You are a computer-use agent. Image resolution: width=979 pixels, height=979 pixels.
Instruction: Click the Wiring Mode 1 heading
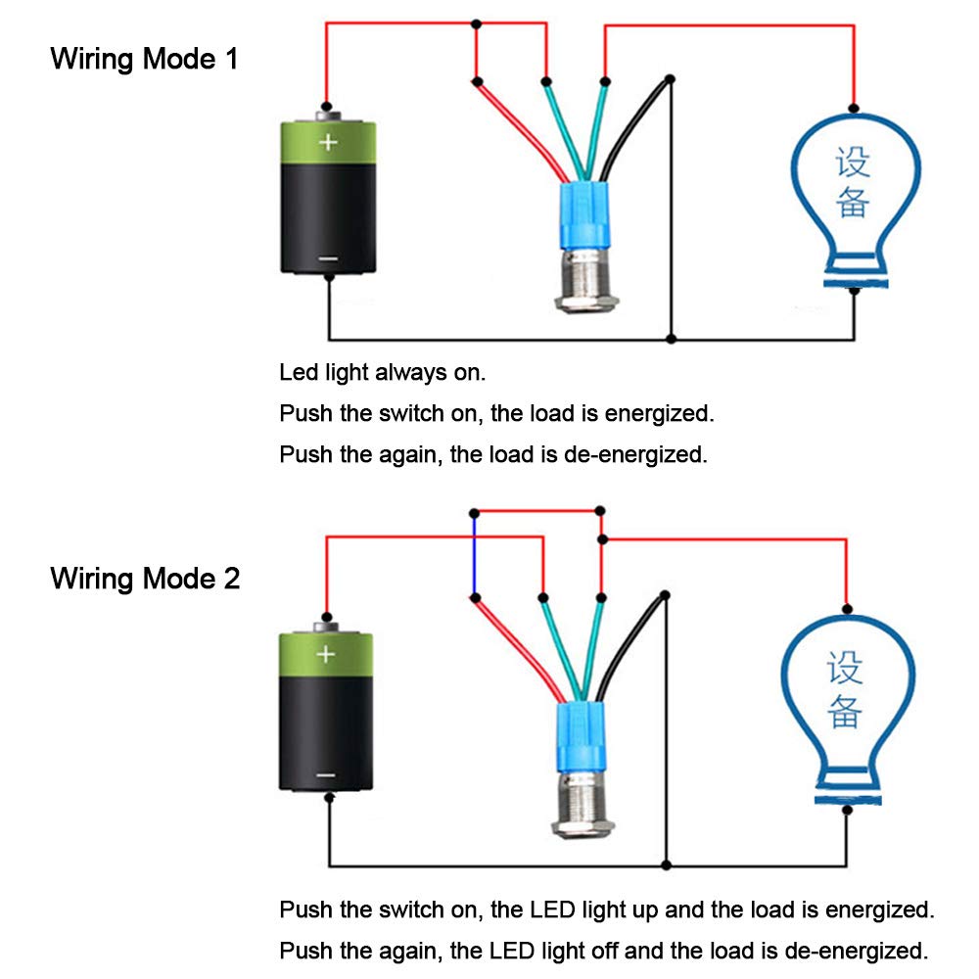tap(144, 59)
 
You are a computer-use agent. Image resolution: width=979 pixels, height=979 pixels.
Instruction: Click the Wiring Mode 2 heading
tap(145, 579)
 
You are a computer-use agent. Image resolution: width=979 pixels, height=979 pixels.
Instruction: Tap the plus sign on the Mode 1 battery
tap(328, 143)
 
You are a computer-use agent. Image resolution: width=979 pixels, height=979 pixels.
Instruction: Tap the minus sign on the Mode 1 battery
tap(328, 258)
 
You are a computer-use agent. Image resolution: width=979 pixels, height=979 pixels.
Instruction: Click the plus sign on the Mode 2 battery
tap(326, 654)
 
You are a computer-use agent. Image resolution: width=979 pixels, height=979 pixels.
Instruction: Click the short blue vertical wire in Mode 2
tap(474, 553)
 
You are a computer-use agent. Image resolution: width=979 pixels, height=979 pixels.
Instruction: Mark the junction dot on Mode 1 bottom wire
tap(671, 339)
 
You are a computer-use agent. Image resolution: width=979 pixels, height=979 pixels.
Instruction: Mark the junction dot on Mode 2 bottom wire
tap(667, 864)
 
